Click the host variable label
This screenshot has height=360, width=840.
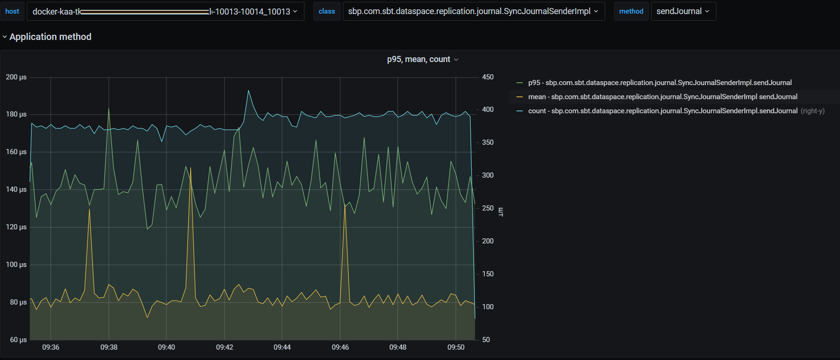coord(12,11)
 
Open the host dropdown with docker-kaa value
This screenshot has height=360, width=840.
coord(165,11)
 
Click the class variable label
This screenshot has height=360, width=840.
coord(327,11)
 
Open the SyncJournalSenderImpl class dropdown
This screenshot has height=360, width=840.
coord(473,11)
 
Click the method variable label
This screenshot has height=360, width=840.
coord(631,11)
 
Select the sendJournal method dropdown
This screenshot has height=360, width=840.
coord(683,11)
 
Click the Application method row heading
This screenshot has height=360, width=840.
coord(50,37)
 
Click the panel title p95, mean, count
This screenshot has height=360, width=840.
coord(419,59)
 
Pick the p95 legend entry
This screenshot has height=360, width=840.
coord(660,83)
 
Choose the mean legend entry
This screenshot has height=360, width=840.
coord(662,97)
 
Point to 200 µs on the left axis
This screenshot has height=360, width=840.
coord(16,77)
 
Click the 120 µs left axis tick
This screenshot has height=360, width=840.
coord(16,227)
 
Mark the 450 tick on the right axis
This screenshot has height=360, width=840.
coord(488,77)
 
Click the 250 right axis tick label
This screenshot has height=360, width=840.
coord(488,208)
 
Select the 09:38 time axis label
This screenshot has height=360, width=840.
coord(109,347)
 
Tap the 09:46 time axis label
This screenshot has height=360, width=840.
coord(340,347)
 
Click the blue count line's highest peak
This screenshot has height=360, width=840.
coord(249,91)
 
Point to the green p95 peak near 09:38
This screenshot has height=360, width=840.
coord(109,109)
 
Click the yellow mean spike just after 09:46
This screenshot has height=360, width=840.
coord(345,205)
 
